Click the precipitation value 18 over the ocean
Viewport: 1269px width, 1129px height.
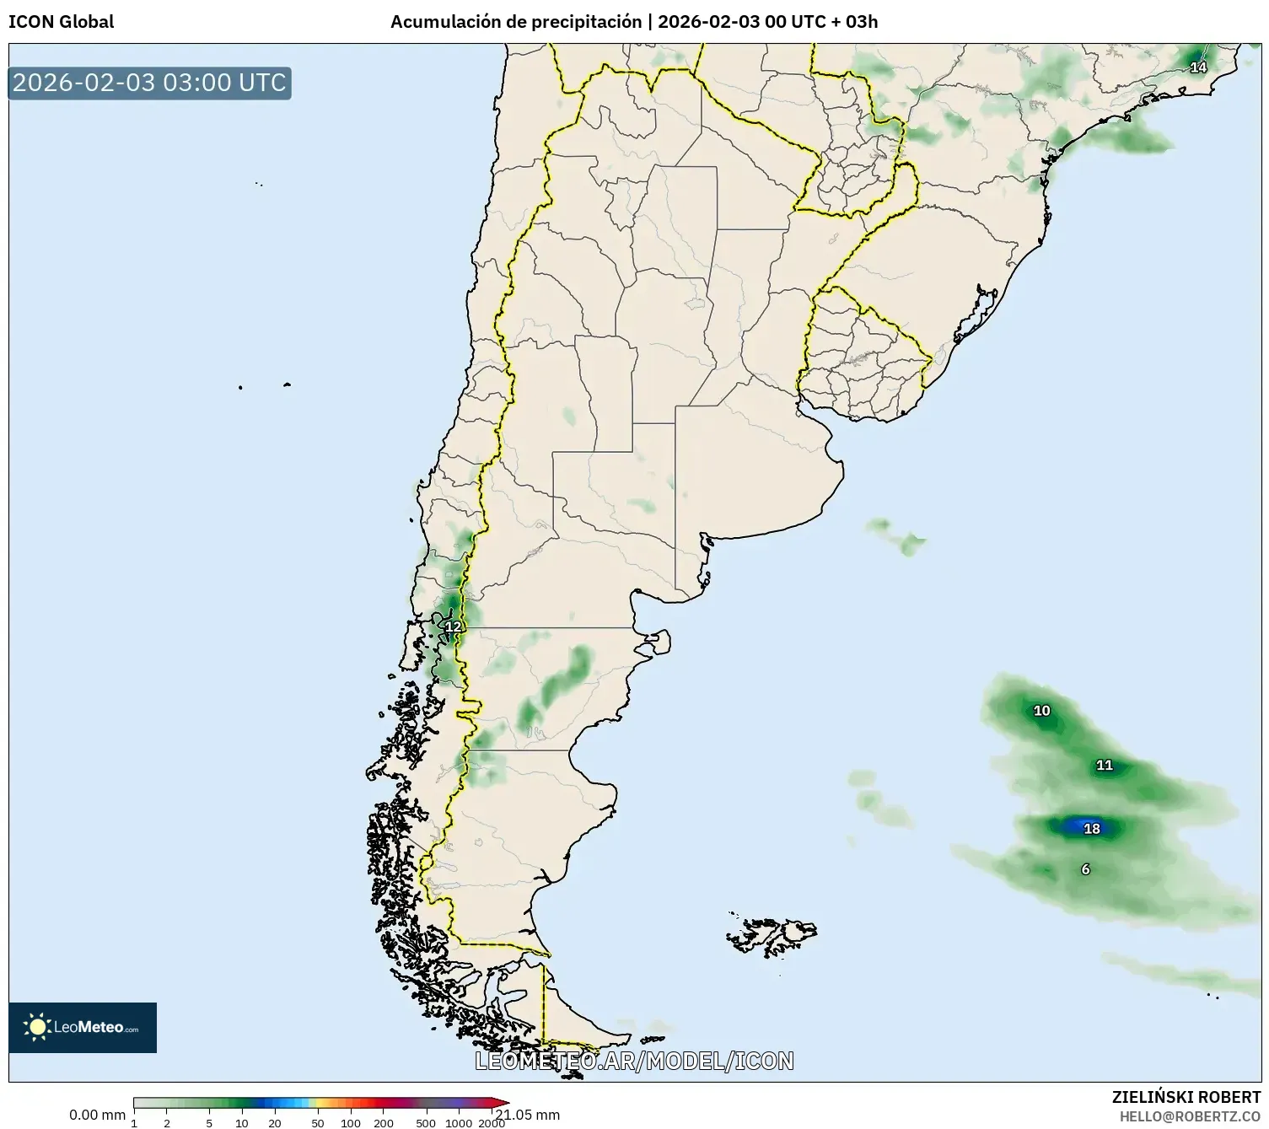(x=1092, y=829)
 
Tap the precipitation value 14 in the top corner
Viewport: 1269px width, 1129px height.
(x=1198, y=67)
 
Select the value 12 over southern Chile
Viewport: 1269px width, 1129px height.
(x=454, y=626)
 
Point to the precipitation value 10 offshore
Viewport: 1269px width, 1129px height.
(x=1042, y=711)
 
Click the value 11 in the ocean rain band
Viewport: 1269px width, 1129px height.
(x=1105, y=766)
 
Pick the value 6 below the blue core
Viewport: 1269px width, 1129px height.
(x=1085, y=869)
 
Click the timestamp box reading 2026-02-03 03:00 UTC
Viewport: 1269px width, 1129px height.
(x=149, y=83)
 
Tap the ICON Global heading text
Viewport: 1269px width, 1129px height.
(x=61, y=22)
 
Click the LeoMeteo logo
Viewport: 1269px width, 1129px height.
(x=83, y=1027)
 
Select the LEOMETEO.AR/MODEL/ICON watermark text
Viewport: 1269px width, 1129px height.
(x=634, y=1061)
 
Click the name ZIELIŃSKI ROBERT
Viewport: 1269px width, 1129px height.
(x=1186, y=1097)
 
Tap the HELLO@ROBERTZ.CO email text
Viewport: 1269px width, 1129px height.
(x=1190, y=1116)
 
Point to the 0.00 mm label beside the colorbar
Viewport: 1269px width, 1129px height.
(x=97, y=1115)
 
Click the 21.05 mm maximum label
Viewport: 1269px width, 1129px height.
(x=529, y=1115)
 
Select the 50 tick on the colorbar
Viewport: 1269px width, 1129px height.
(x=318, y=1123)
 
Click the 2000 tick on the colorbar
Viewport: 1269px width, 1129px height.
(x=492, y=1123)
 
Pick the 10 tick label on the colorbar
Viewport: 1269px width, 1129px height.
(x=242, y=1123)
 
